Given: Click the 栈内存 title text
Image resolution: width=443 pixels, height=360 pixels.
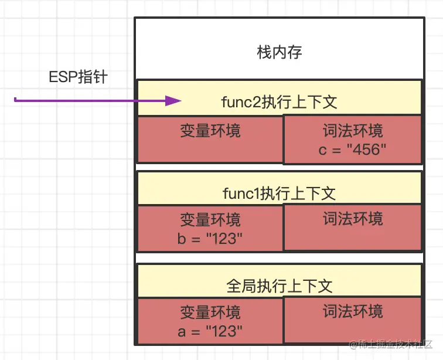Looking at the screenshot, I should coord(280,52).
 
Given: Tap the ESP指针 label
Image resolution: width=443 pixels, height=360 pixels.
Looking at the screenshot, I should coord(78,77).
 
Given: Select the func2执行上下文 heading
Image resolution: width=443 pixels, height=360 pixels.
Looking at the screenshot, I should coord(279,101).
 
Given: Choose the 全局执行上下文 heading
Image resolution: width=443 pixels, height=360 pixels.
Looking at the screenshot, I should coord(279,286).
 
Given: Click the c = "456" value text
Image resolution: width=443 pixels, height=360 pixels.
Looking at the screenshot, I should coord(353,150).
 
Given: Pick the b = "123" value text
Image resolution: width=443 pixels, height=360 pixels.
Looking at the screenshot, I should coord(210,239).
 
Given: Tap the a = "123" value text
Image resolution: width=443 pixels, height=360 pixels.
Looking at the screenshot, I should coord(210,331).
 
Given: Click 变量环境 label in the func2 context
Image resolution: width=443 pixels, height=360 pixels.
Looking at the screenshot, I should coord(210,130).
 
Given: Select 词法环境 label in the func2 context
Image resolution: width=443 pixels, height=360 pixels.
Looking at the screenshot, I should coord(353,130).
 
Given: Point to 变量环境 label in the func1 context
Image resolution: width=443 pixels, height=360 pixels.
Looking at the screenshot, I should coord(210,220).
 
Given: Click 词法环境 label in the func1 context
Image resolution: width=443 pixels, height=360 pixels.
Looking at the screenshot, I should coord(353,219).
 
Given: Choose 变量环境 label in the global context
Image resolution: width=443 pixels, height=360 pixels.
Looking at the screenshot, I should coord(210,312).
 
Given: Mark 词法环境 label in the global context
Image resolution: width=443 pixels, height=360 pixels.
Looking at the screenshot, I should coord(353,311).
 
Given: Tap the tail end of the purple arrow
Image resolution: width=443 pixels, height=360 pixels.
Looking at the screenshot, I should coord(16,101).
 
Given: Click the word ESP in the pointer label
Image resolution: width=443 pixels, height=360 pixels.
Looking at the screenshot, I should coord(62,77).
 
